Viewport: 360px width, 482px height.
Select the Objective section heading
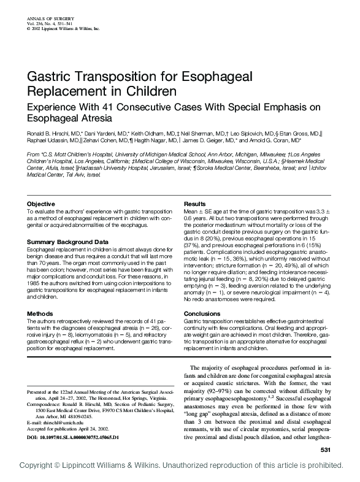42,204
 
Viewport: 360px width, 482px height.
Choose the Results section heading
194,204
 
